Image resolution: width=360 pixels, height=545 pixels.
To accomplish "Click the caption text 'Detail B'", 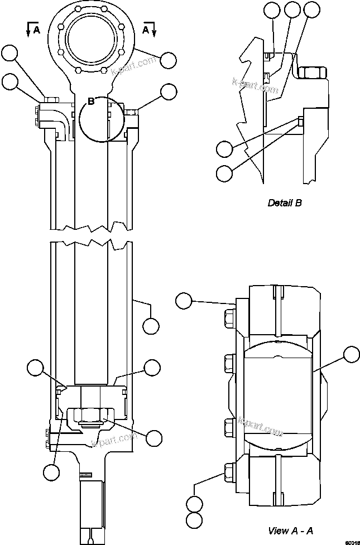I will click(x=285, y=203).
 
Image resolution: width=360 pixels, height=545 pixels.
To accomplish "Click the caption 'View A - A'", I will click(x=290, y=530).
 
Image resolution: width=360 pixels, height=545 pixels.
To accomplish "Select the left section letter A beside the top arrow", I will click(x=37, y=30).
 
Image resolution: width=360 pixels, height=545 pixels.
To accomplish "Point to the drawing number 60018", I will click(x=351, y=541).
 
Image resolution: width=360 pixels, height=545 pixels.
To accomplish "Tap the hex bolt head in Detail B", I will click(x=311, y=72).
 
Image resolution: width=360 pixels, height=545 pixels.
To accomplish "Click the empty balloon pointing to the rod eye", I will click(x=167, y=59).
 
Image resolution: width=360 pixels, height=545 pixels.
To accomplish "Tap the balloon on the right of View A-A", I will click(x=351, y=354).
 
